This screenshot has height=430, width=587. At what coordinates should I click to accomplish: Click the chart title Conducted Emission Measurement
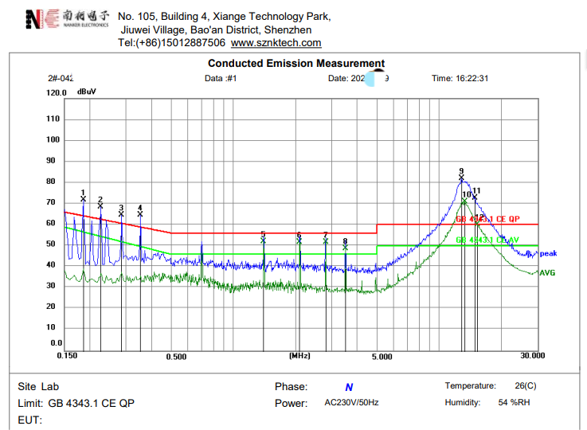point(295,64)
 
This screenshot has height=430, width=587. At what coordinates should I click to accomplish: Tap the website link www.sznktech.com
point(276,43)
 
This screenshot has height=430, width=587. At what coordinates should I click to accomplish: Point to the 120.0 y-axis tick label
point(56,93)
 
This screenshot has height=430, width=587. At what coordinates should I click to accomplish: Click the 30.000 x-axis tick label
point(533,356)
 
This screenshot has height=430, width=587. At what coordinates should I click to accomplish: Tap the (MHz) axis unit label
point(299,356)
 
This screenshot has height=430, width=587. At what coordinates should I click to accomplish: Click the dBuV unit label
point(87,92)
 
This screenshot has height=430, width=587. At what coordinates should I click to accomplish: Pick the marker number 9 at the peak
point(461,171)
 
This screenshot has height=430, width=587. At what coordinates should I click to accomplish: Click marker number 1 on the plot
point(83,193)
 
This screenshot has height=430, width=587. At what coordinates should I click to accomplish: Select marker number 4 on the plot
point(140,207)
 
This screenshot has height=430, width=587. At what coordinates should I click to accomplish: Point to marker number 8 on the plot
point(345,240)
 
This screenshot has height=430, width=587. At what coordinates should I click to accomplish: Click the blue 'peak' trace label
point(548,254)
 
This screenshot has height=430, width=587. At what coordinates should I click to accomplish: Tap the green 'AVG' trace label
point(548,272)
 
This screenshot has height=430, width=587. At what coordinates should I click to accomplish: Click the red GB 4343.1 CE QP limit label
point(487,219)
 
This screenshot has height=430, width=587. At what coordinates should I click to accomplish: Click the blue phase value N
point(349,388)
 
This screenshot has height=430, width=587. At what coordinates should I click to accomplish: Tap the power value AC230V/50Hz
point(351,403)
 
